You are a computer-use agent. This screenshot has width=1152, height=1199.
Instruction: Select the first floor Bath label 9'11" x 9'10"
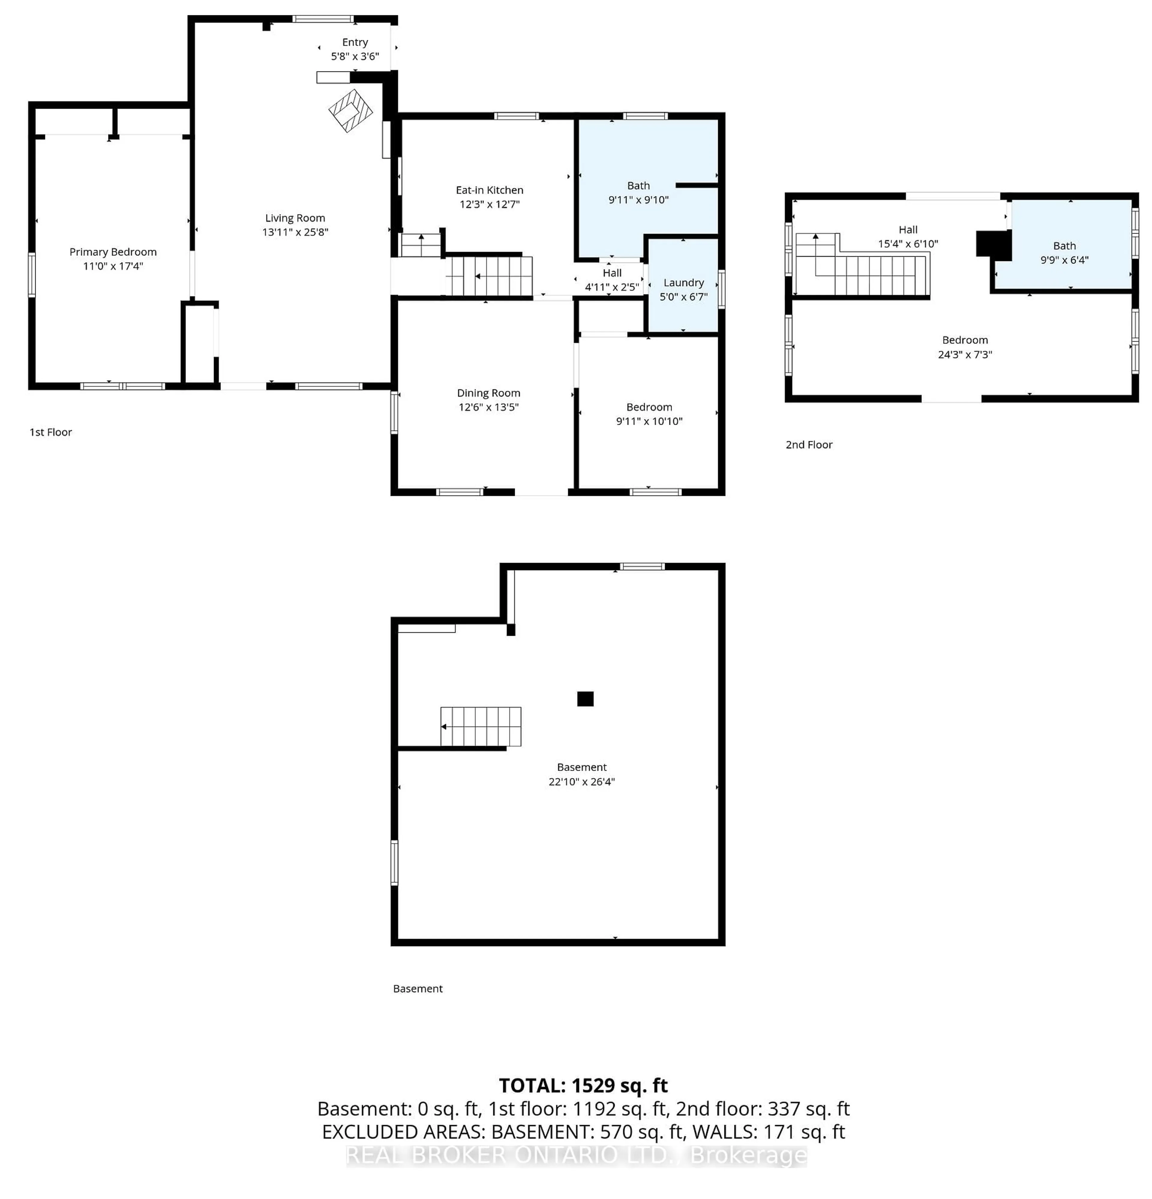(638, 193)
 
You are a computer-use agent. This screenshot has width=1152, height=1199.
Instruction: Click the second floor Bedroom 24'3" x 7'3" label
(965, 347)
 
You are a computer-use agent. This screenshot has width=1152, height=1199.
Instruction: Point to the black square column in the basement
(585, 698)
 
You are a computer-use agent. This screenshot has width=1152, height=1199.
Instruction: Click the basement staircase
(481, 727)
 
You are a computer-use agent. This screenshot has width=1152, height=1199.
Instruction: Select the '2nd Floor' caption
(809, 445)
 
